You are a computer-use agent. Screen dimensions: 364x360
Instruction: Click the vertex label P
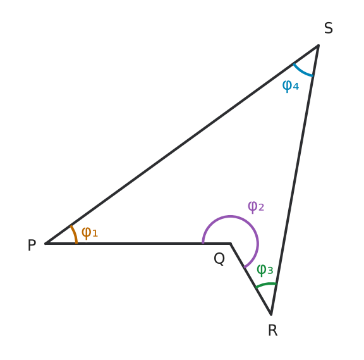(x=32, y=245)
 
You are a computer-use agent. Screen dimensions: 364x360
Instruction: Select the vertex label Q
(x=219, y=259)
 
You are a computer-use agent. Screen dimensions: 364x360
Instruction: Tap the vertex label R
(x=273, y=330)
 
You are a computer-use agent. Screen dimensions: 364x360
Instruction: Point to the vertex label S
(x=329, y=28)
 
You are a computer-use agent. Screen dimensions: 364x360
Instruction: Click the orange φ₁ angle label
(x=90, y=233)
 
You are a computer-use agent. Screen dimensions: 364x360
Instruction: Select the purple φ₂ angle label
(x=256, y=207)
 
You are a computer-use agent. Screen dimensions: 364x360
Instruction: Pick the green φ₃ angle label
(x=265, y=270)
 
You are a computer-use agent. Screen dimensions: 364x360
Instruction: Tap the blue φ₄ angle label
(x=291, y=86)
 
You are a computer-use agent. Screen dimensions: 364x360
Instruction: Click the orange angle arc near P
(x=75, y=233)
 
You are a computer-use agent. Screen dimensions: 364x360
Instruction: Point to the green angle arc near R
(x=266, y=284)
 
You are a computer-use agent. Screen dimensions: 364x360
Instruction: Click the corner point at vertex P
(x=45, y=244)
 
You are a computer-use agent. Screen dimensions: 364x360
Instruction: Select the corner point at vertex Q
(x=230, y=244)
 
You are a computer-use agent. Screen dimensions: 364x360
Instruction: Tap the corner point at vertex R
(x=271, y=314)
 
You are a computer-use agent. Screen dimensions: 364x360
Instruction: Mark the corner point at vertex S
(x=318, y=46)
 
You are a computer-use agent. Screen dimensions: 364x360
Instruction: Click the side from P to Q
(x=138, y=244)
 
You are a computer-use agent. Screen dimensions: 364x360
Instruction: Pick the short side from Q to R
(x=251, y=279)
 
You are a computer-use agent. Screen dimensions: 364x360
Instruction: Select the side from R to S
(x=295, y=180)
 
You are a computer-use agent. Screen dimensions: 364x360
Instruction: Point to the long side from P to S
(x=182, y=144)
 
